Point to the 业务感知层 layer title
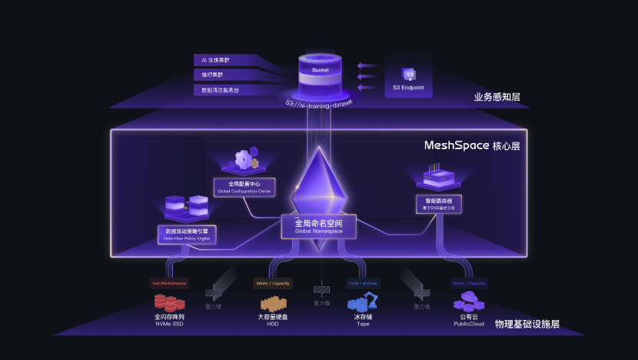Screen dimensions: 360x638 497,97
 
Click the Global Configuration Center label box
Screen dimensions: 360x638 245,187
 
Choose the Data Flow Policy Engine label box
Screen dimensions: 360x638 187,234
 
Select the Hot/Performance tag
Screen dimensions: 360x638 169,283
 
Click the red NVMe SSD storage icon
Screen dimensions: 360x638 169,302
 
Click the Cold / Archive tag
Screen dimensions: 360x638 363,283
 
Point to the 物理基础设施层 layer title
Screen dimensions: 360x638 527,324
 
